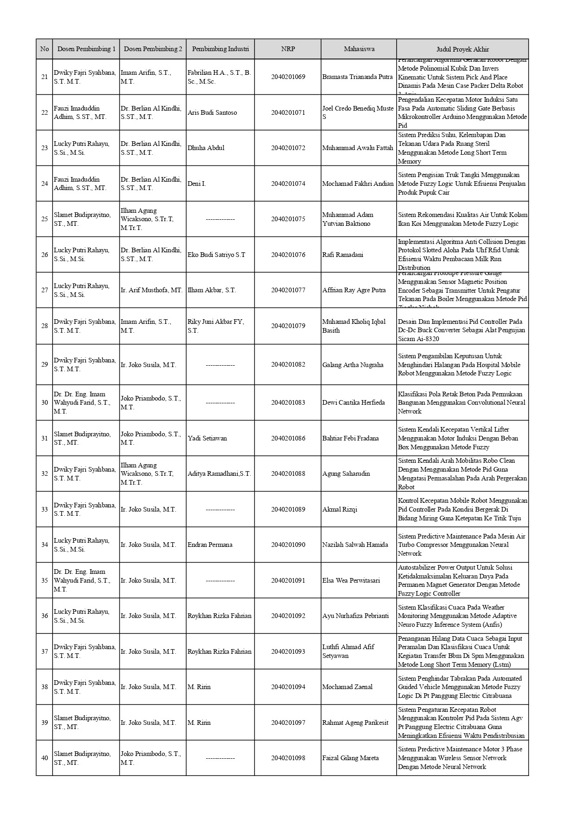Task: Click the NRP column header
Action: pos(288,49)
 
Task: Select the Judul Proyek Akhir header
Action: pos(462,49)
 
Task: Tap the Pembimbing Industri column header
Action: pos(220,49)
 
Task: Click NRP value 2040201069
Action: pos(288,77)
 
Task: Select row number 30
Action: pos(45,402)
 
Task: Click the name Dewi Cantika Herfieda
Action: pos(353,402)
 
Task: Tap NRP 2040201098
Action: pos(288,758)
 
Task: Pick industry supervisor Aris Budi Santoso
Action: pos(212,112)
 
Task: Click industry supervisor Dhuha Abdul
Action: pos(206,148)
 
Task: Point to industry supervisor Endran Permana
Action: pos(210,545)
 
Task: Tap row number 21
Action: pos(45,77)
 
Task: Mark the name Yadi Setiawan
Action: pos(207,438)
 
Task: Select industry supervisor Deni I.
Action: pos(197,184)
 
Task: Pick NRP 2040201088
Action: pos(288,473)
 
